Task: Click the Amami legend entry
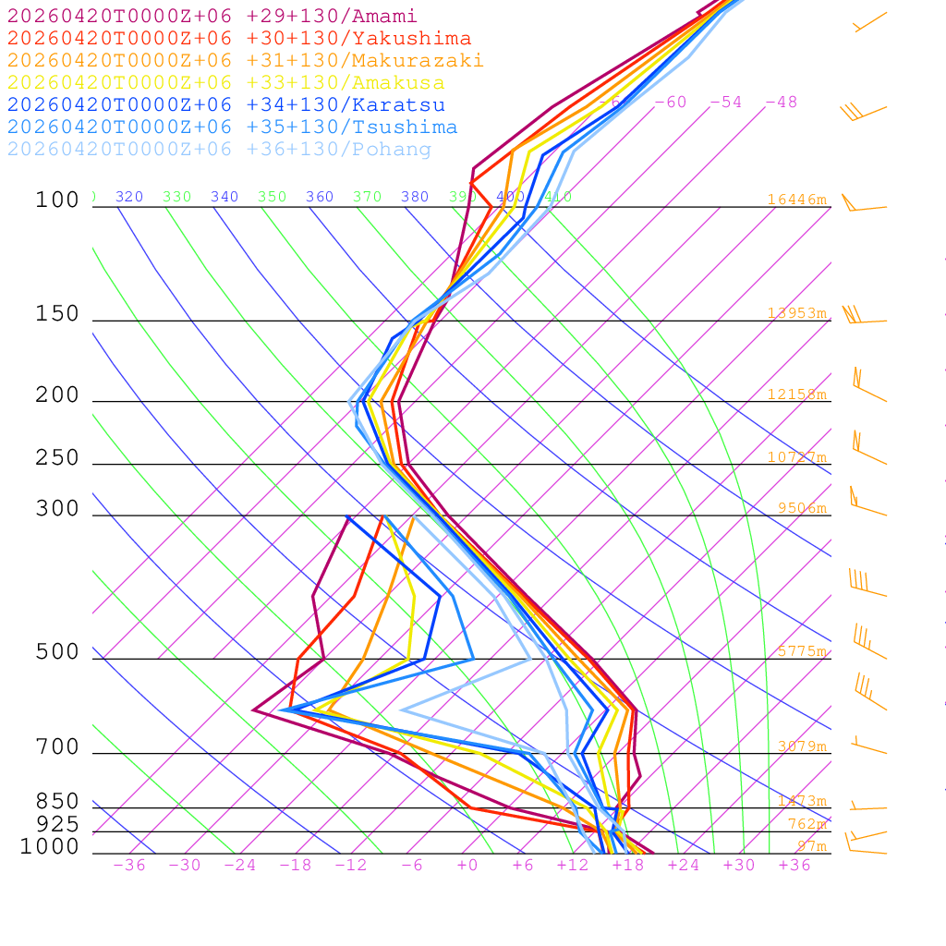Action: [x=212, y=17]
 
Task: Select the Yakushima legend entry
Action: [x=238, y=39]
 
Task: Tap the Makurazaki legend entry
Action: [x=245, y=61]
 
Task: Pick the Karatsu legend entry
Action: [x=225, y=105]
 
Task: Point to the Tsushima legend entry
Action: [x=232, y=127]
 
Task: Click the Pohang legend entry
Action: [x=219, y=150]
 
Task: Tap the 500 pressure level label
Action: [x=57, y=652]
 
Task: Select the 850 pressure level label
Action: [x=57, y=802]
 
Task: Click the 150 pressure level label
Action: [x=57, y=314]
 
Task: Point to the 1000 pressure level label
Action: [x=50, y=846]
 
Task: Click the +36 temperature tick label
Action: [x=794, y=865]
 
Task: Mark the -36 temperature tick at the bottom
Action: [x=128, y=865]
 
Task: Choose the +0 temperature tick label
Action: [x=467, y=865]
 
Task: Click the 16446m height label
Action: [x=796, y=200]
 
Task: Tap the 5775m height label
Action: [x=801, y=651]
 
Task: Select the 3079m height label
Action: [x=801, y=746]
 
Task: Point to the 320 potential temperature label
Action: [x=129, y=197]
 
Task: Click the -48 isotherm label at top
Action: [x=781, y=102]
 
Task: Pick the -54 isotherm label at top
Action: [x=725, y=102]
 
